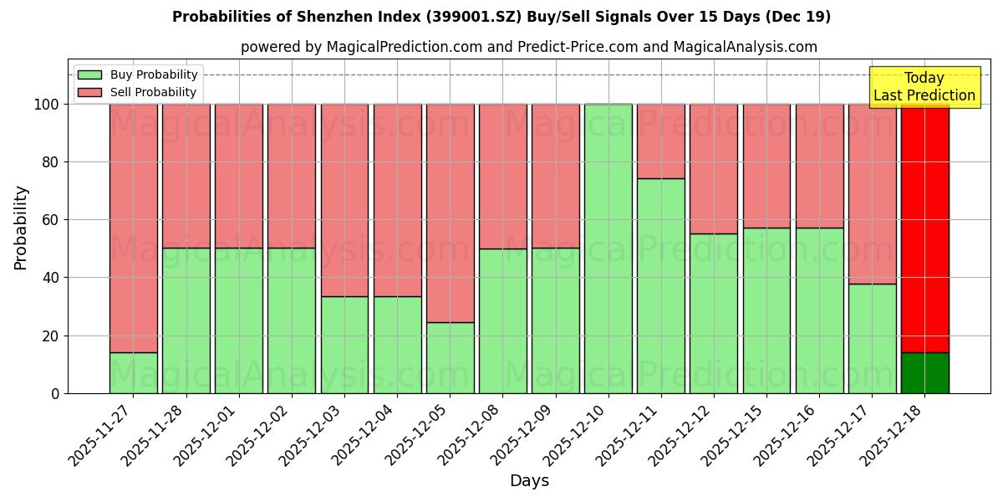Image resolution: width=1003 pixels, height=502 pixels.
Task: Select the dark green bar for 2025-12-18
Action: [x=924, y=372]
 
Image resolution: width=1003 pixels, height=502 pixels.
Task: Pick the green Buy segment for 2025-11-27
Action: [x=134, y=372]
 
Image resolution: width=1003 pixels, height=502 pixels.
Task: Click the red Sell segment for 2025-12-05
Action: [x=451, y=213]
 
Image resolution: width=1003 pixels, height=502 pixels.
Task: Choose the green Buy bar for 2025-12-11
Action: [x=661, y=285]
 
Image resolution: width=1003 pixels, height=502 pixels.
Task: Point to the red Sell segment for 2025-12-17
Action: [x=872, y=193]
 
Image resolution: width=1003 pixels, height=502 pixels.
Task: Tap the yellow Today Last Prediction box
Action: [x=924, y=87]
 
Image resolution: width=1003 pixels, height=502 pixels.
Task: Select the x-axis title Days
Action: [x=529, y=481]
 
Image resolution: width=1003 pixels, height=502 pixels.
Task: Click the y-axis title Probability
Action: [x=21, y=228]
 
